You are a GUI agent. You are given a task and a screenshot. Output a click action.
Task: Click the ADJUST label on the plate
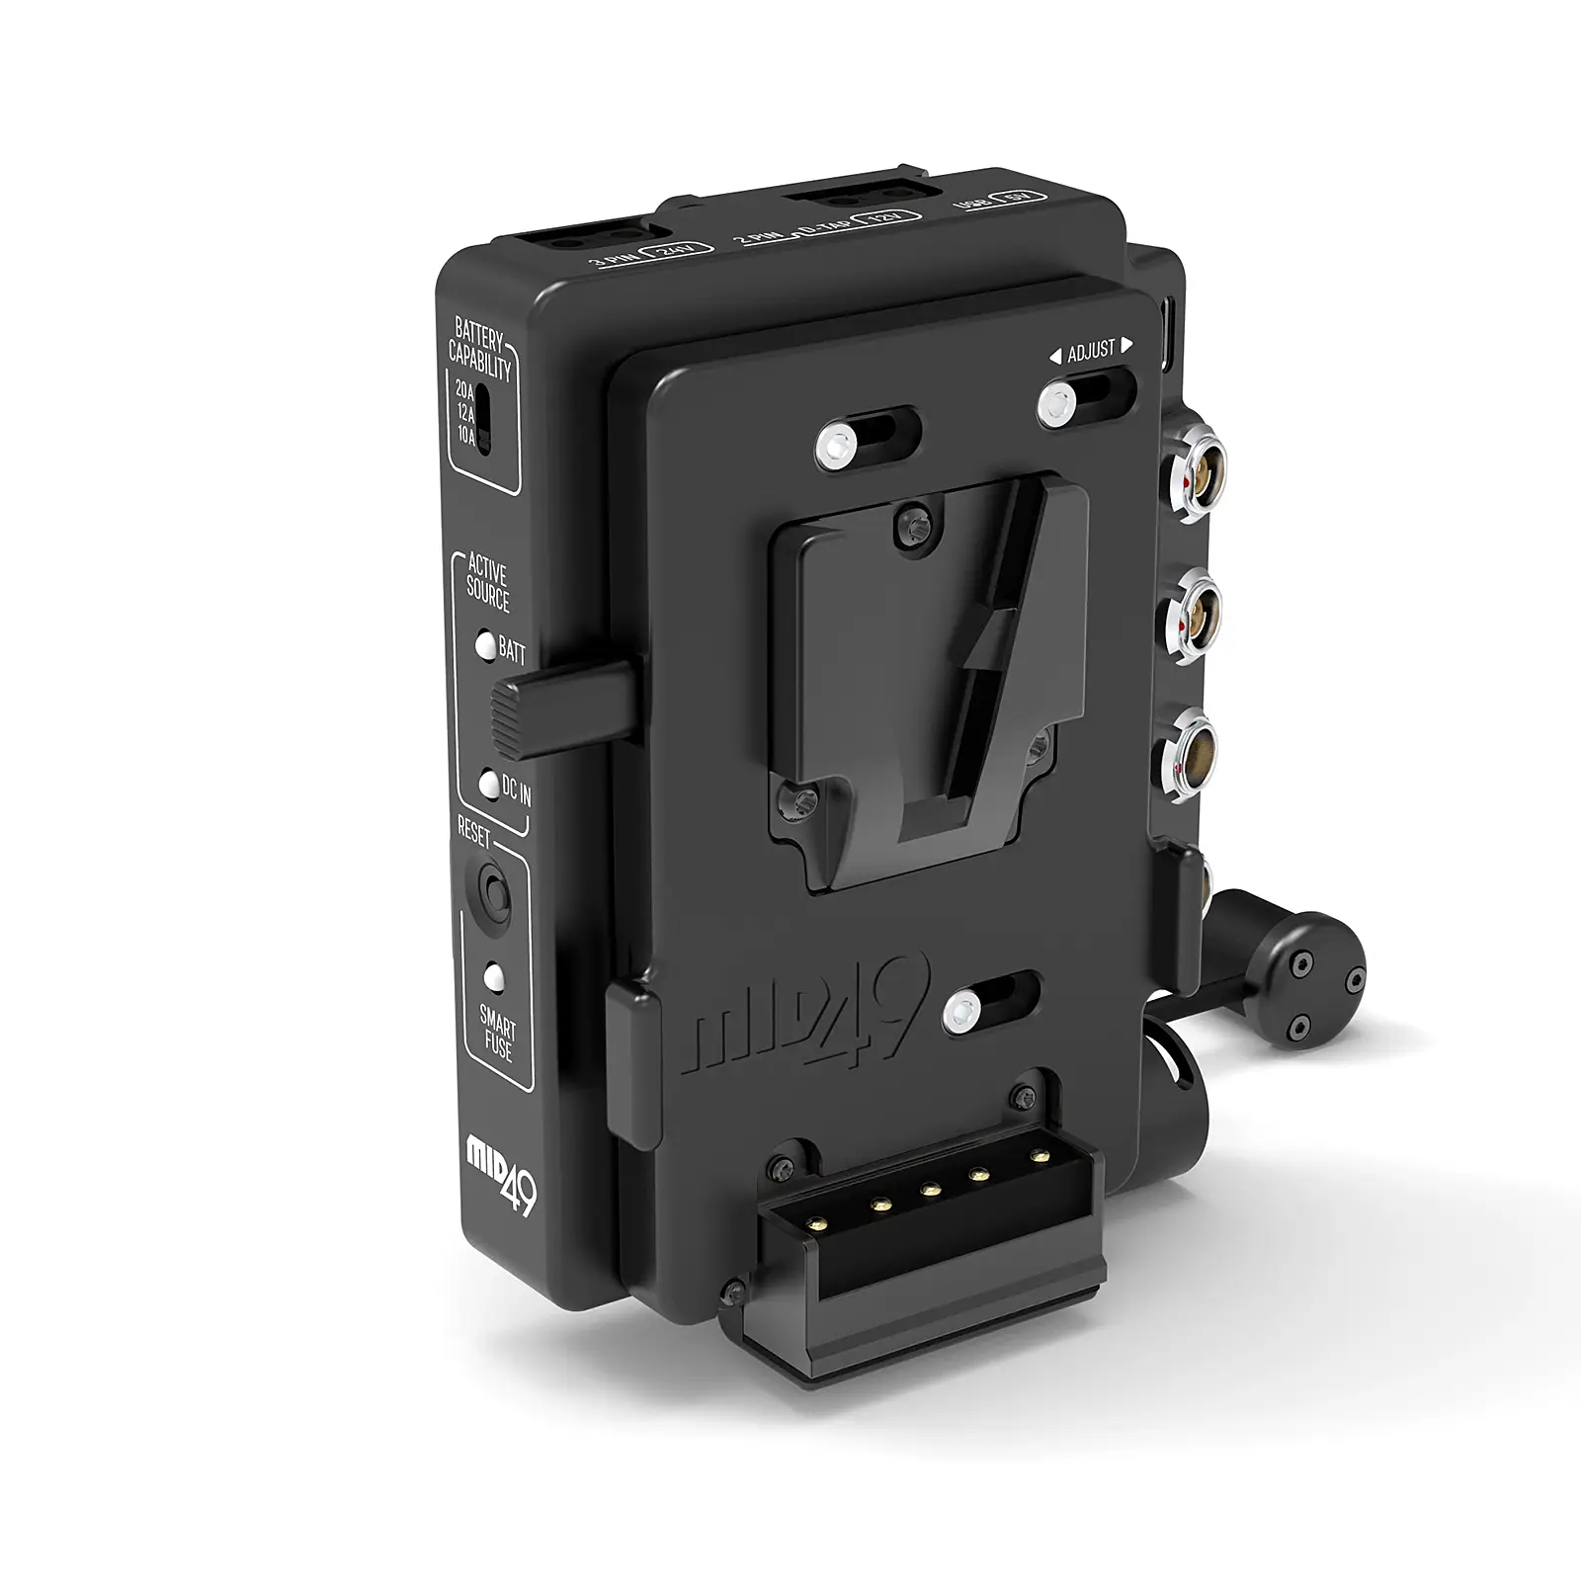1091,349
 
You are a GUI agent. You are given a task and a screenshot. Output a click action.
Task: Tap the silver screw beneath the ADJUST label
1056,402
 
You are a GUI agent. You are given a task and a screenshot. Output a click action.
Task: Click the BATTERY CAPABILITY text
480,350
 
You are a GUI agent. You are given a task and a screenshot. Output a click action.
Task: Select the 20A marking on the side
464,390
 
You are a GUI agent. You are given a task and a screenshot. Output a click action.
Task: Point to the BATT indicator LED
485,644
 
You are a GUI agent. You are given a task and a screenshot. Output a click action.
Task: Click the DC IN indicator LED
488,786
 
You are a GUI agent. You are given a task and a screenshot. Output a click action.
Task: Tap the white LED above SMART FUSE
493,976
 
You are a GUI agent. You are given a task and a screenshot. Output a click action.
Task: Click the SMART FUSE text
498,1032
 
